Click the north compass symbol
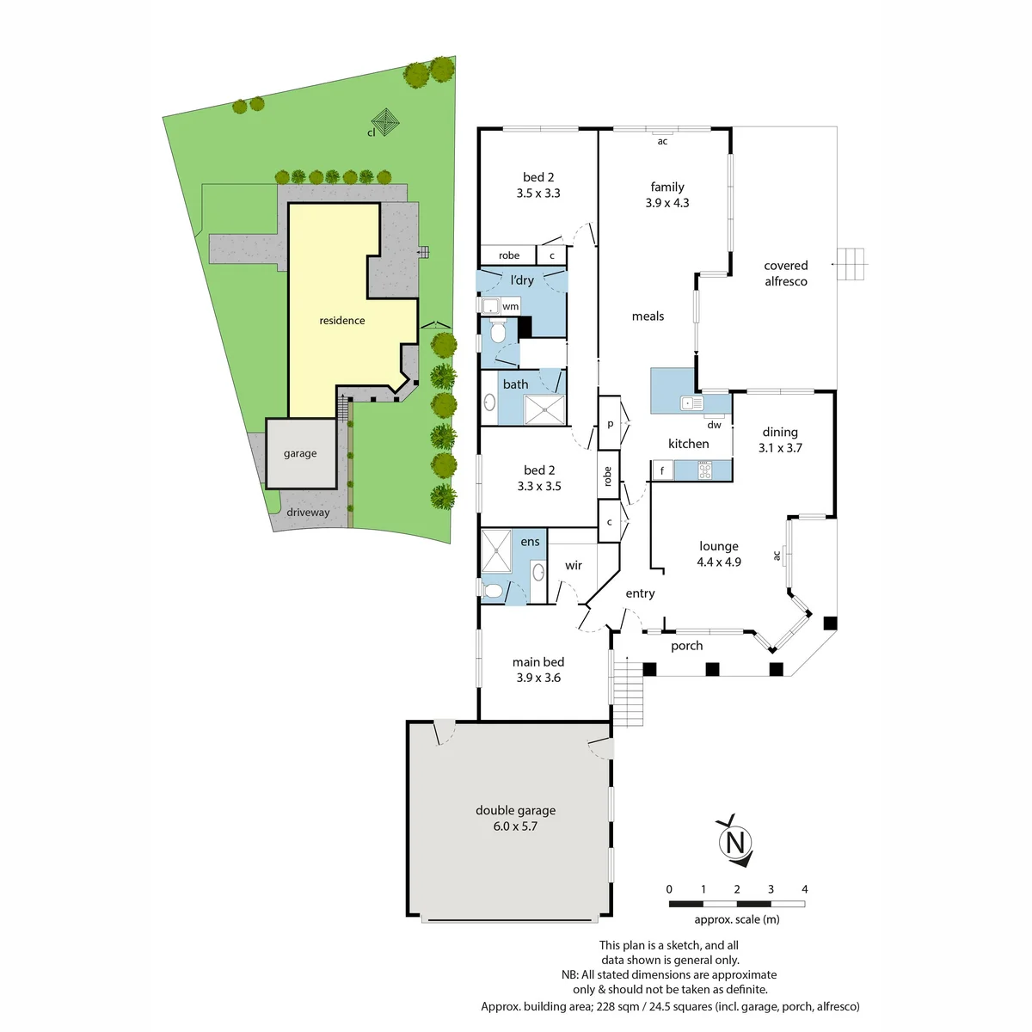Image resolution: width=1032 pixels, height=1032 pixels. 734,840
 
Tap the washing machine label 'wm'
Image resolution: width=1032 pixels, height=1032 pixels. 510,306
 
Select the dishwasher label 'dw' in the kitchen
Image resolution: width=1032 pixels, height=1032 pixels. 714,425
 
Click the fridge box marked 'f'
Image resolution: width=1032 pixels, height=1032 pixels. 662,470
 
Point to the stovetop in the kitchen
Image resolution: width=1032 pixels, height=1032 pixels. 705,470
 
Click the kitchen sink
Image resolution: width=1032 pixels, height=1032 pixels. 691,402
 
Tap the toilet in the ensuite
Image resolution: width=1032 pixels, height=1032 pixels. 492,591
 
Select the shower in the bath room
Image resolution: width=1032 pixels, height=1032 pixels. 544,409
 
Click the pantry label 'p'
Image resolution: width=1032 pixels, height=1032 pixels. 610,424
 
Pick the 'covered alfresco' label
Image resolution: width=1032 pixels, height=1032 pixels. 785,273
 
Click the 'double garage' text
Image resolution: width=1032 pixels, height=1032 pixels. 515,810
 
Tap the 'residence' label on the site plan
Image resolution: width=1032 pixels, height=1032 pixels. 341,320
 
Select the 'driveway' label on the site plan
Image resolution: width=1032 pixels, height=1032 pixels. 307,512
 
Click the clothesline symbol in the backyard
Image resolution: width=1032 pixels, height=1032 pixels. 385,122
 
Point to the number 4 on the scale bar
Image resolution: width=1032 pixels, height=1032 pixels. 804,889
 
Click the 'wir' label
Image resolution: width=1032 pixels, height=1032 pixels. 573,565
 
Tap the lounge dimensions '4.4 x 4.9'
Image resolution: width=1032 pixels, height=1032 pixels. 719,562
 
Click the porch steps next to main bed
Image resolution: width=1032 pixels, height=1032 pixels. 627,693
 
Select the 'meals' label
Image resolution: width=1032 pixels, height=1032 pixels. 648,316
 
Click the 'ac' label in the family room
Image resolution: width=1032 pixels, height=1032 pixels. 662,141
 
